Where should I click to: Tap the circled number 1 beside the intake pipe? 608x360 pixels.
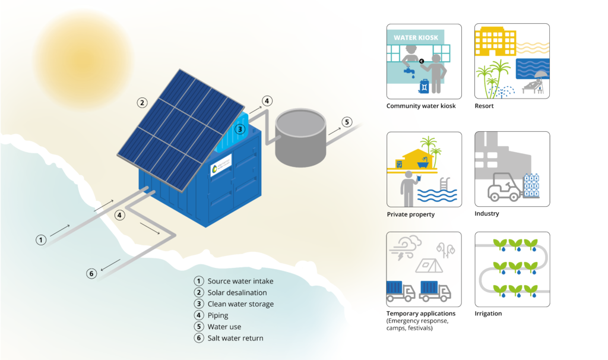(x=40, y=240)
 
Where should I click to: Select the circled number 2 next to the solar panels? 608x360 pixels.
(x=142, y=102)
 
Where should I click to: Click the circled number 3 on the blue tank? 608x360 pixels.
(x=240, y=129)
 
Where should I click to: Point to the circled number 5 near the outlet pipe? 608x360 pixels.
(x=347, y=122)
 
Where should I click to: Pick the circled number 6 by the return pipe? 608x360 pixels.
(x=91, y=274)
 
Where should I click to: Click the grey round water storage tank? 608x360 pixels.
(x=300, y=137)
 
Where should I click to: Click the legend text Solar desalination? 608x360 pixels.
(x=237, y=293)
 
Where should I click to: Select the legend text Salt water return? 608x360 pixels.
(x=235, y=338)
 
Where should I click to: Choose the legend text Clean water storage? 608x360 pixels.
(x=240, y=304)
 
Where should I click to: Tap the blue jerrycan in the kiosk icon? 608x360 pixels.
(x=425, y=86)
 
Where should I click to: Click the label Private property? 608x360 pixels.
(x=411, y=214)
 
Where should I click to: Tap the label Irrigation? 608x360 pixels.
(x=488, y=313)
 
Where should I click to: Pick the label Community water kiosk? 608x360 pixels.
(x=421, y=106)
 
